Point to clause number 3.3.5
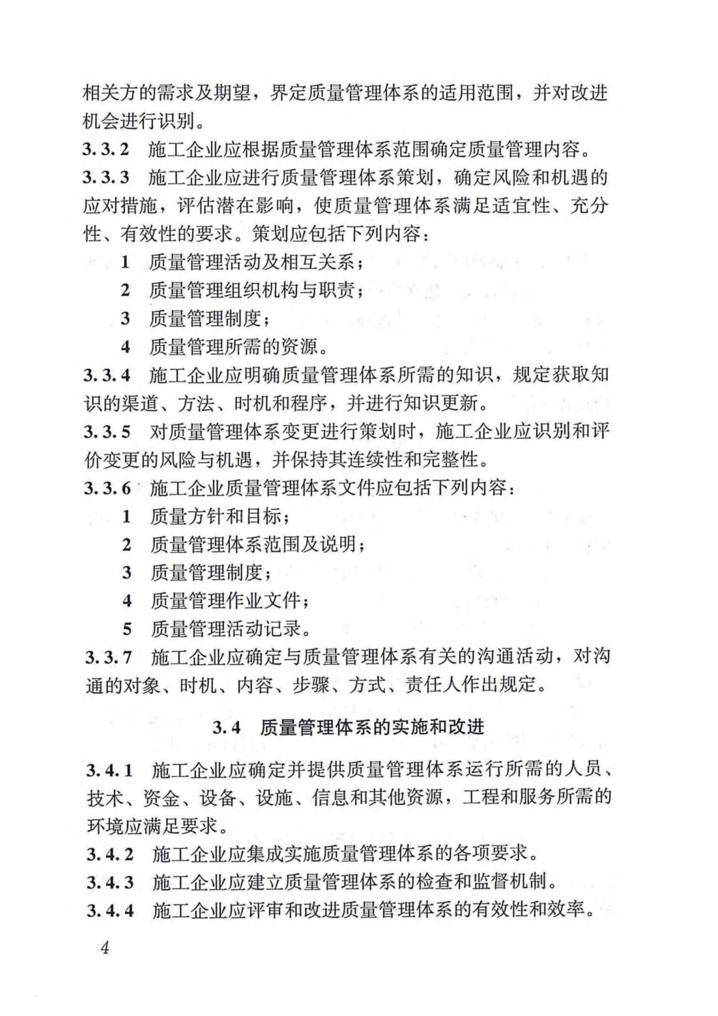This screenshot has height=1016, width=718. (107, 432)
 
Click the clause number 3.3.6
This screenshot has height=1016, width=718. (107, 489)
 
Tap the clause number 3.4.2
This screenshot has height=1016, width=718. (110, 854)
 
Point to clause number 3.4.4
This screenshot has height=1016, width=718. (110, 911)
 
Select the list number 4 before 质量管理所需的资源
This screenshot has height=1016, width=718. (126, 347)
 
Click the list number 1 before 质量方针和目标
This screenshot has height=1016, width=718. (126, 516)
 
